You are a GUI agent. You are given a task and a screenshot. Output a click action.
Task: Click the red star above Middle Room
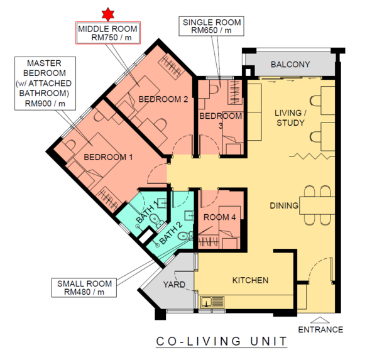[x=107, y=14]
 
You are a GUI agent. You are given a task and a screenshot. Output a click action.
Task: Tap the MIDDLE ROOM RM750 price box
[x=108, y=33]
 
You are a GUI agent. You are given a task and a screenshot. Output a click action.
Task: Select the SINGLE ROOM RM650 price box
[x=211, y=26]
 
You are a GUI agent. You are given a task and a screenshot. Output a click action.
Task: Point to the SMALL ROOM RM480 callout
[x=84, y=288]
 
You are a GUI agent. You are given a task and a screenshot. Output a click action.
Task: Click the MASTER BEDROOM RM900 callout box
[x=45, y=84]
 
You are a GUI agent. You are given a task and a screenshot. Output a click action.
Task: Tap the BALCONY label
[x=290, y=65]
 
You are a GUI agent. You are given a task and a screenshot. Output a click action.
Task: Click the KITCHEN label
[x=250, y=280]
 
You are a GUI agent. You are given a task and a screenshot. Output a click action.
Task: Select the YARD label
[x=174, y=285]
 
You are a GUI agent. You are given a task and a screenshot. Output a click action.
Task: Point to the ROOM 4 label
[x=219, y=217]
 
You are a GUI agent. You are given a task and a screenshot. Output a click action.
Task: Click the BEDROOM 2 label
[x=163, y=99]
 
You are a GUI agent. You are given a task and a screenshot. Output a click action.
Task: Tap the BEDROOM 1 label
[x=108, y=157]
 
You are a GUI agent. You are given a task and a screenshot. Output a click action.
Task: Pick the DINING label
[x=284, y=205]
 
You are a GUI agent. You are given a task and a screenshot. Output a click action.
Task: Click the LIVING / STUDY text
[x=290, y=118]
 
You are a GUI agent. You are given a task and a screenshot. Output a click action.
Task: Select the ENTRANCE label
[x=320, y=329]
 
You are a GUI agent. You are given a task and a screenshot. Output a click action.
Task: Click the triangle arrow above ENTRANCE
[x=320, y=320]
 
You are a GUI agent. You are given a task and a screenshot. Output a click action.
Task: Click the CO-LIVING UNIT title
[x=222, y=341]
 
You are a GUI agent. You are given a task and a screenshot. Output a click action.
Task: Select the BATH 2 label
[x=171, y=232]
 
